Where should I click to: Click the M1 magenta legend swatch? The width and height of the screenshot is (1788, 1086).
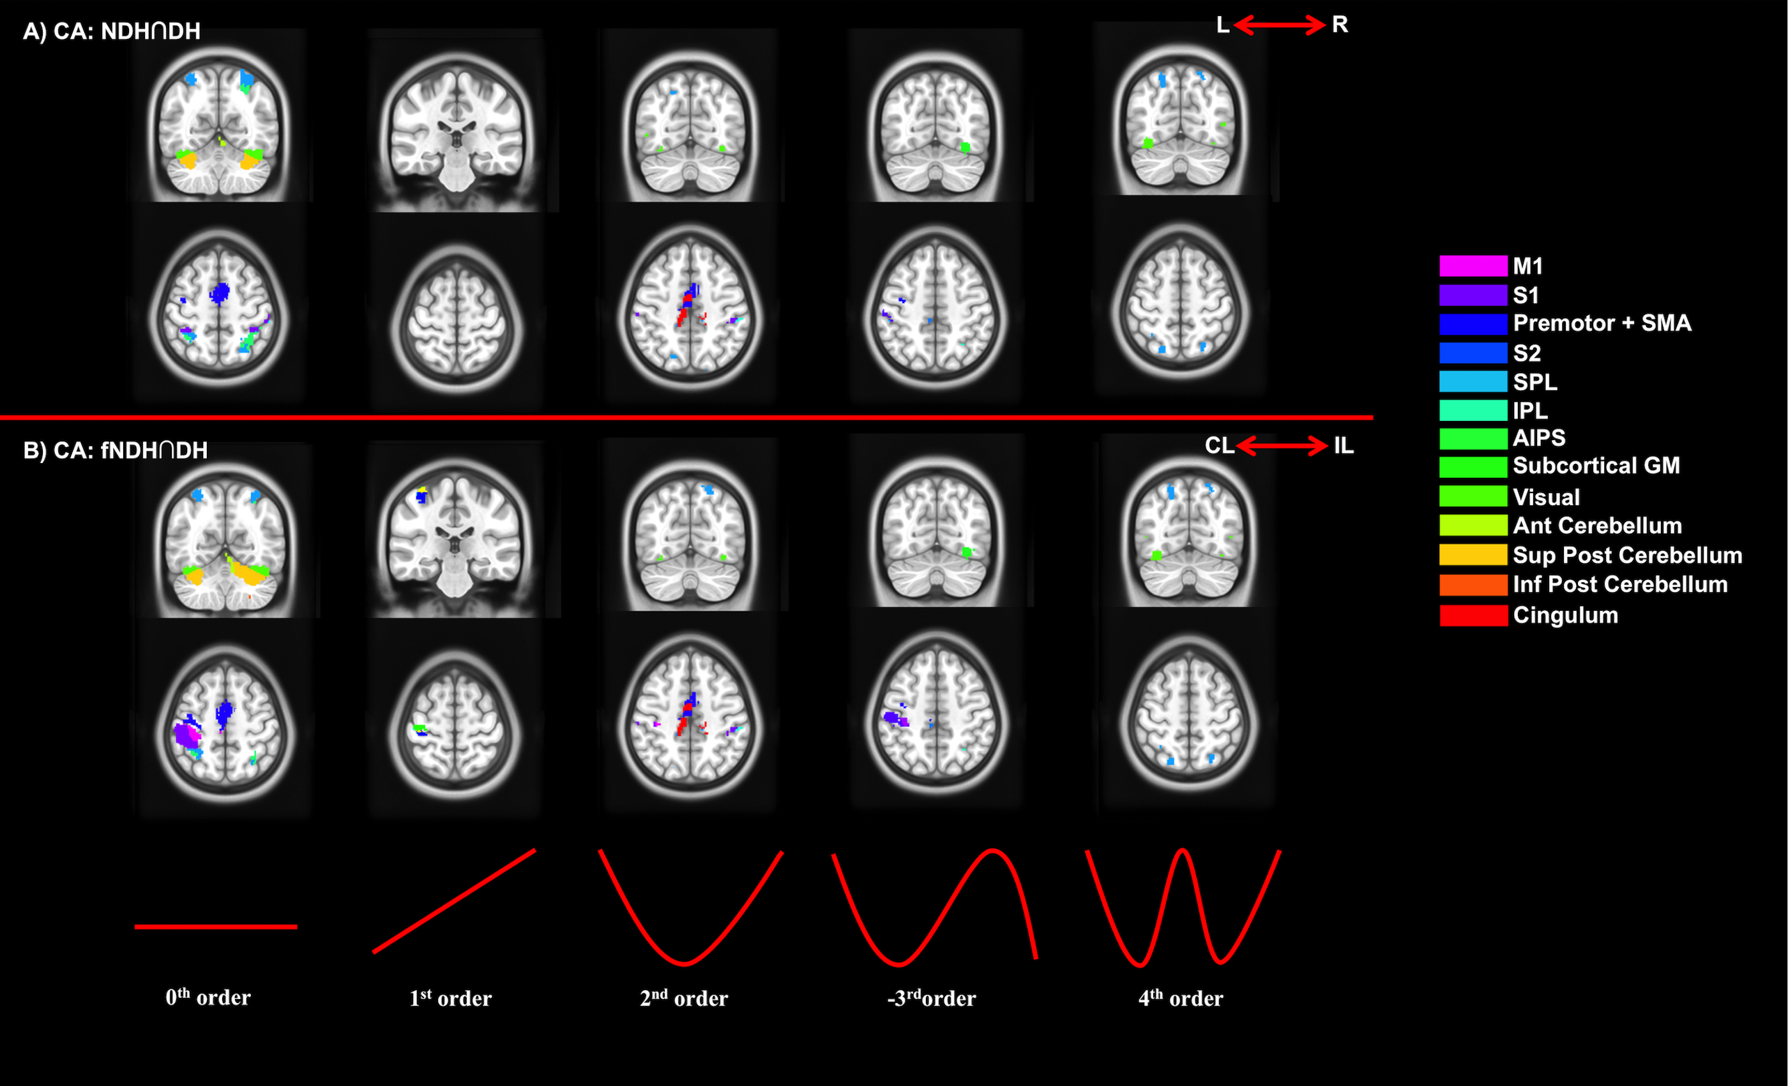pyautogui.click(x=1473, y=266)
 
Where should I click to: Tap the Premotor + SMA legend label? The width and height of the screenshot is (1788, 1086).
pyautogui.click(x=1602, y=323)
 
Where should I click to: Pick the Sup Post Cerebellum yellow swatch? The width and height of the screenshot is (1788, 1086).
pyautogui.click(x=1473, y=555)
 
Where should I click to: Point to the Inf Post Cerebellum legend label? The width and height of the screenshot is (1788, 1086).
pyautogui.click(x=1619, y=585)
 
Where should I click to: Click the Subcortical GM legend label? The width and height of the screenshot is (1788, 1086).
pyautogui.click(x=1596, y=465)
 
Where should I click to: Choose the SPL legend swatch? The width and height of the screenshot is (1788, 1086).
pyautogui.click(x=1473, y=382)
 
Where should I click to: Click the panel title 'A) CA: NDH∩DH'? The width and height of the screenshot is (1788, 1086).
pyautogui.click(x=112, y=31)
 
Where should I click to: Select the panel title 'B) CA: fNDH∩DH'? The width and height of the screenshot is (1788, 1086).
pyautogui.click(x=116, y=450)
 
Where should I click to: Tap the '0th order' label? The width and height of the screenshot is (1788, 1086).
pyautogui.click(x=208, y=997)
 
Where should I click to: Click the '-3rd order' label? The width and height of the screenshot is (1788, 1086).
pyautogui.click(x=932, y=998)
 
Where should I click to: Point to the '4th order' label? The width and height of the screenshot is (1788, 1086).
pyautogui.click(x=1181, y=998)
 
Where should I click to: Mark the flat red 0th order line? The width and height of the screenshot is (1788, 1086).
pyautogui.click(x=216, y=927)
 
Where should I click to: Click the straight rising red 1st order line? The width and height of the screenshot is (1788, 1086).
pyautogui.click(x=454, y=901)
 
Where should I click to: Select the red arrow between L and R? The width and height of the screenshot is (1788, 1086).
pyautogui.click(x=1279, y=26)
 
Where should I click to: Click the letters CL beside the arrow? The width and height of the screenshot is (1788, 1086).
pyautogui.click(x=1219, y=446)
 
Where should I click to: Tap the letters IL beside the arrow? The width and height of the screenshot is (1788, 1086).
pyautogui.click(x=1343, y=446)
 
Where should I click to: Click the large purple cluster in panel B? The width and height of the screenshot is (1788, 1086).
pyautogui.click(x=187, y=735)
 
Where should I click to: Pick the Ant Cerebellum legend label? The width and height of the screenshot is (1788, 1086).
pyautogui.click(x=1596, y=526)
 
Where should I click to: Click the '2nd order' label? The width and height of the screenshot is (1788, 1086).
pyautogui.click(x=683, y=998)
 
